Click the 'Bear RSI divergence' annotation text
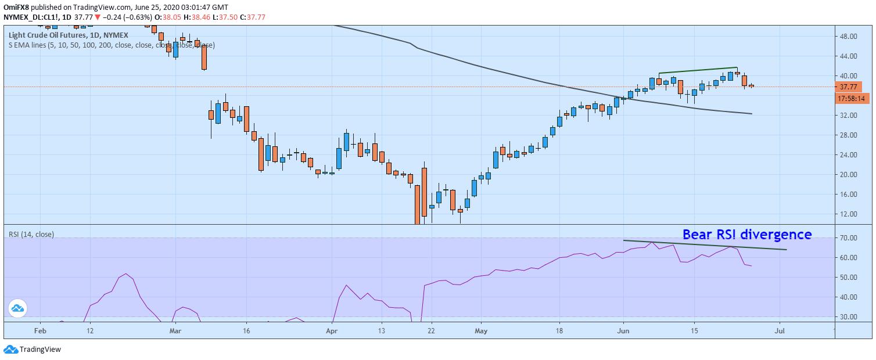coord(746,235)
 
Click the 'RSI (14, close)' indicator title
coord(31,235)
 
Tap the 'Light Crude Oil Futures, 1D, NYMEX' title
coord(68,35)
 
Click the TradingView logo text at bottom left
coord(40,350)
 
